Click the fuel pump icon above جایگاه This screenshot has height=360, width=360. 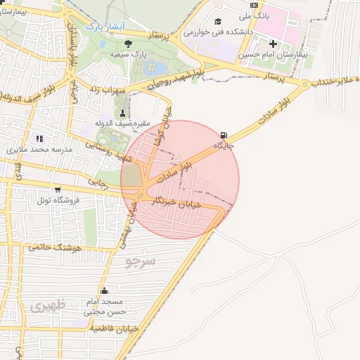(x=224, y=135)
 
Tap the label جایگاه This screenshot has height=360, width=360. (x=224, y=146)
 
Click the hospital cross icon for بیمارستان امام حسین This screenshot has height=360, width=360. (x=273, y=44)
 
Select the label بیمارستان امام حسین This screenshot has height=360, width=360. (x=273, y=54)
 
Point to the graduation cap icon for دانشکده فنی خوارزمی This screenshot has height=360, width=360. (x=218, y=22)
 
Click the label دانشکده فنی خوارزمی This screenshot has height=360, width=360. (x=215, y=32)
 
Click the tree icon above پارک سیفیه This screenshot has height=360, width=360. (x=127, y=44)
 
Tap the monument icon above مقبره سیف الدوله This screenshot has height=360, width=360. (x=124, y=113)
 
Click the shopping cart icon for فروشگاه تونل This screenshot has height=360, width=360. (x=57, y=190)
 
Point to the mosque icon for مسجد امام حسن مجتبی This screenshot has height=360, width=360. (x=104, y=290)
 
